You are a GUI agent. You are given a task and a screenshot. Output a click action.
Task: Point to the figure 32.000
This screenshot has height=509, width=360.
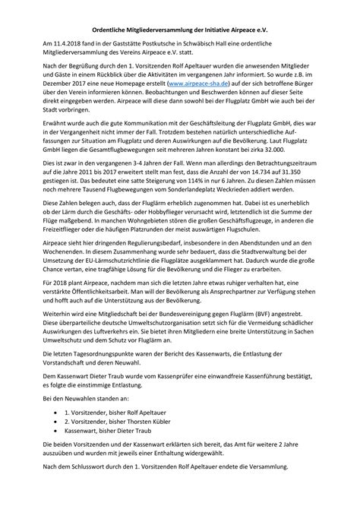[283, 150]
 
